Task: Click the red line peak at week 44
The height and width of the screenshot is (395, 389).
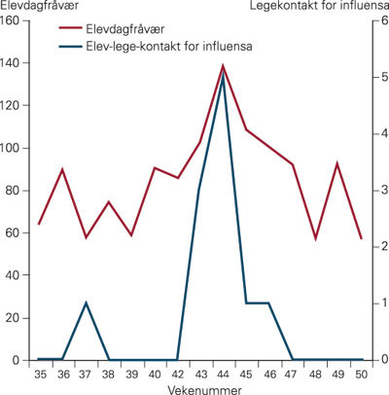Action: click(x=223, y=66)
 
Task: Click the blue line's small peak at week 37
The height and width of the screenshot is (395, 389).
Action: click(x=86, y=303)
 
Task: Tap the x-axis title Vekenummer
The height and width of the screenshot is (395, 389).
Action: click(x=198, y=388)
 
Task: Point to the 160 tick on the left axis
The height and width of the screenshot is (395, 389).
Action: click(x=14, y=20)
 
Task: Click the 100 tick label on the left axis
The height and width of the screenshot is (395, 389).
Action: click(x=14, y=148)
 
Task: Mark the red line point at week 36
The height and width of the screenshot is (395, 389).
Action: click(x=62, y=169)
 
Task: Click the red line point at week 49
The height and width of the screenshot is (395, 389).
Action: click(x=337, y=163)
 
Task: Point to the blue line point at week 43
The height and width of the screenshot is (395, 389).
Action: click(x=199, y=191)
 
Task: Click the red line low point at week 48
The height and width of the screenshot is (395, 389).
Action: click(x=315, y=238)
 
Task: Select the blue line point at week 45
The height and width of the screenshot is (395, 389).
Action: click(x=246, y=303)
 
